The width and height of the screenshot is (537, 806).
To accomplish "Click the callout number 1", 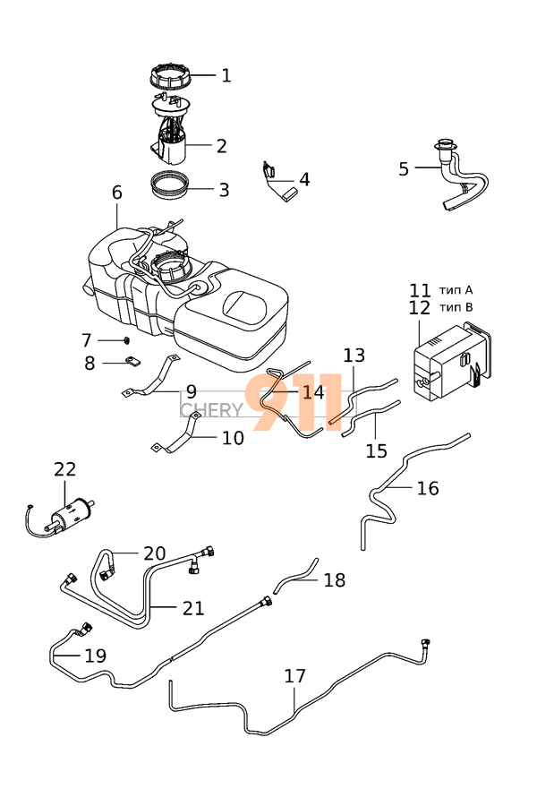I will [x=226, y=76].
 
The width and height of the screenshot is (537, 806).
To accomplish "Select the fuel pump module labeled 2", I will [x=173, y=139].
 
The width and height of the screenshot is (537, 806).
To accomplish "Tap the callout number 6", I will [x=116, y=193].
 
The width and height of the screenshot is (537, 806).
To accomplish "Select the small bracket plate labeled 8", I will [x=131, y=362].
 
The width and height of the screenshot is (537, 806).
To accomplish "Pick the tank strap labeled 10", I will [x=183, y=439].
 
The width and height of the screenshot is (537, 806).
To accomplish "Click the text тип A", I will [x=456, y=290].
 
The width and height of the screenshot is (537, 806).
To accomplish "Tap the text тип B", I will [x=456, y=308].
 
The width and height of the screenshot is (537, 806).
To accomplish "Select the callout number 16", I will [x=428, y=488].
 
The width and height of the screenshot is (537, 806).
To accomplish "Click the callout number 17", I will [x=295, y=676].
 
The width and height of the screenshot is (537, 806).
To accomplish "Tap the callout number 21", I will [x=193, y=608].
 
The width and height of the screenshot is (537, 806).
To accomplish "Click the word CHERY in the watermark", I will [x=211, y=410].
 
